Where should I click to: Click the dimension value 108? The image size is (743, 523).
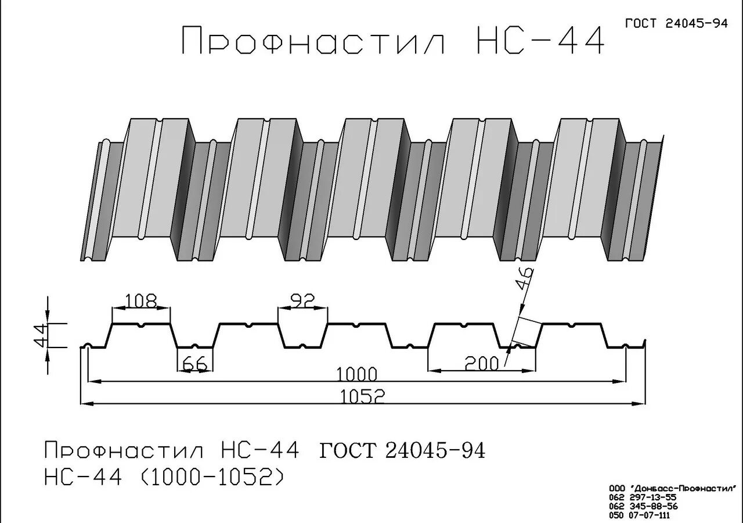click(x=141, y=301)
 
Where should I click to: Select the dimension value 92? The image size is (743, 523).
click(x=302, y=300)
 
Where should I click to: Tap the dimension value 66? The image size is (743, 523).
click(x=194, y=363)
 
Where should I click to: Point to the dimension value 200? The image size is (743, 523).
click(x=481, y=364)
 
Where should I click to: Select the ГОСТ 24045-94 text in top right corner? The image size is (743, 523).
click(x=676, y=24)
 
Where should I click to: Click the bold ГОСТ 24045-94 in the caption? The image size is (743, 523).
click(x=402, y=451)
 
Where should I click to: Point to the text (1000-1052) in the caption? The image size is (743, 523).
click(x=212, y=477)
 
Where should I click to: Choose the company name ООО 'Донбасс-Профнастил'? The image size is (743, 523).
click(x=673, y=488)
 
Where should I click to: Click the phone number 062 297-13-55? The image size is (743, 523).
click(x=643, y=497)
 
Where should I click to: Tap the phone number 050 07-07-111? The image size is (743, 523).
click(x=639, y=515)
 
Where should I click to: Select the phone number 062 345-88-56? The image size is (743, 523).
click(x=643, y=506)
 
